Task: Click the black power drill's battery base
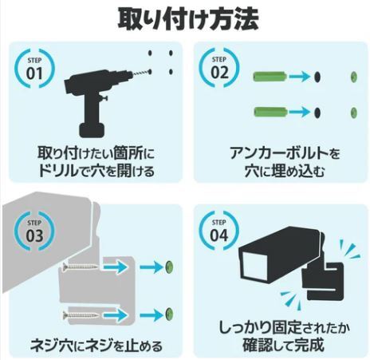95,127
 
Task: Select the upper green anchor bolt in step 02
270,77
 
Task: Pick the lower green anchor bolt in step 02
270,110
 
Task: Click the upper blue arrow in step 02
300,77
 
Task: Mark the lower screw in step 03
81,312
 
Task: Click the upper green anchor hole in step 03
169,266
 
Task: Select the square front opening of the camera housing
258,270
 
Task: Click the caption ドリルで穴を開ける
94,170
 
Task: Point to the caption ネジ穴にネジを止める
95,346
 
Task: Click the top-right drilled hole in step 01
171,53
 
